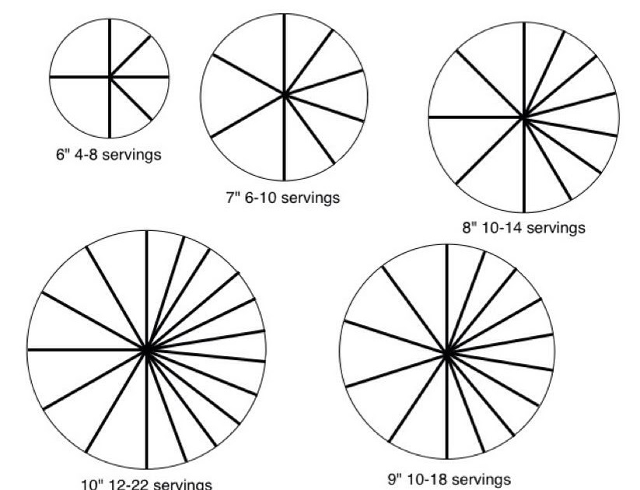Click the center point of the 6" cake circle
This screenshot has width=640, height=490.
coord(110,77)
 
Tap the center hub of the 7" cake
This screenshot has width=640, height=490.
coord(285,95)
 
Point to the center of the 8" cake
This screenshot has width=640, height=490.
coord(524,117)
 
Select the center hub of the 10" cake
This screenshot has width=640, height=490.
coord(146,351)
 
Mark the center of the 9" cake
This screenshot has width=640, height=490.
coord(447,354)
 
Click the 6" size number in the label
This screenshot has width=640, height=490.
coord(62,154)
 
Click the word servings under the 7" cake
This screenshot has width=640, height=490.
coord(310,198)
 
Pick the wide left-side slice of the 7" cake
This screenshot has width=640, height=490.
coord(233,96)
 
